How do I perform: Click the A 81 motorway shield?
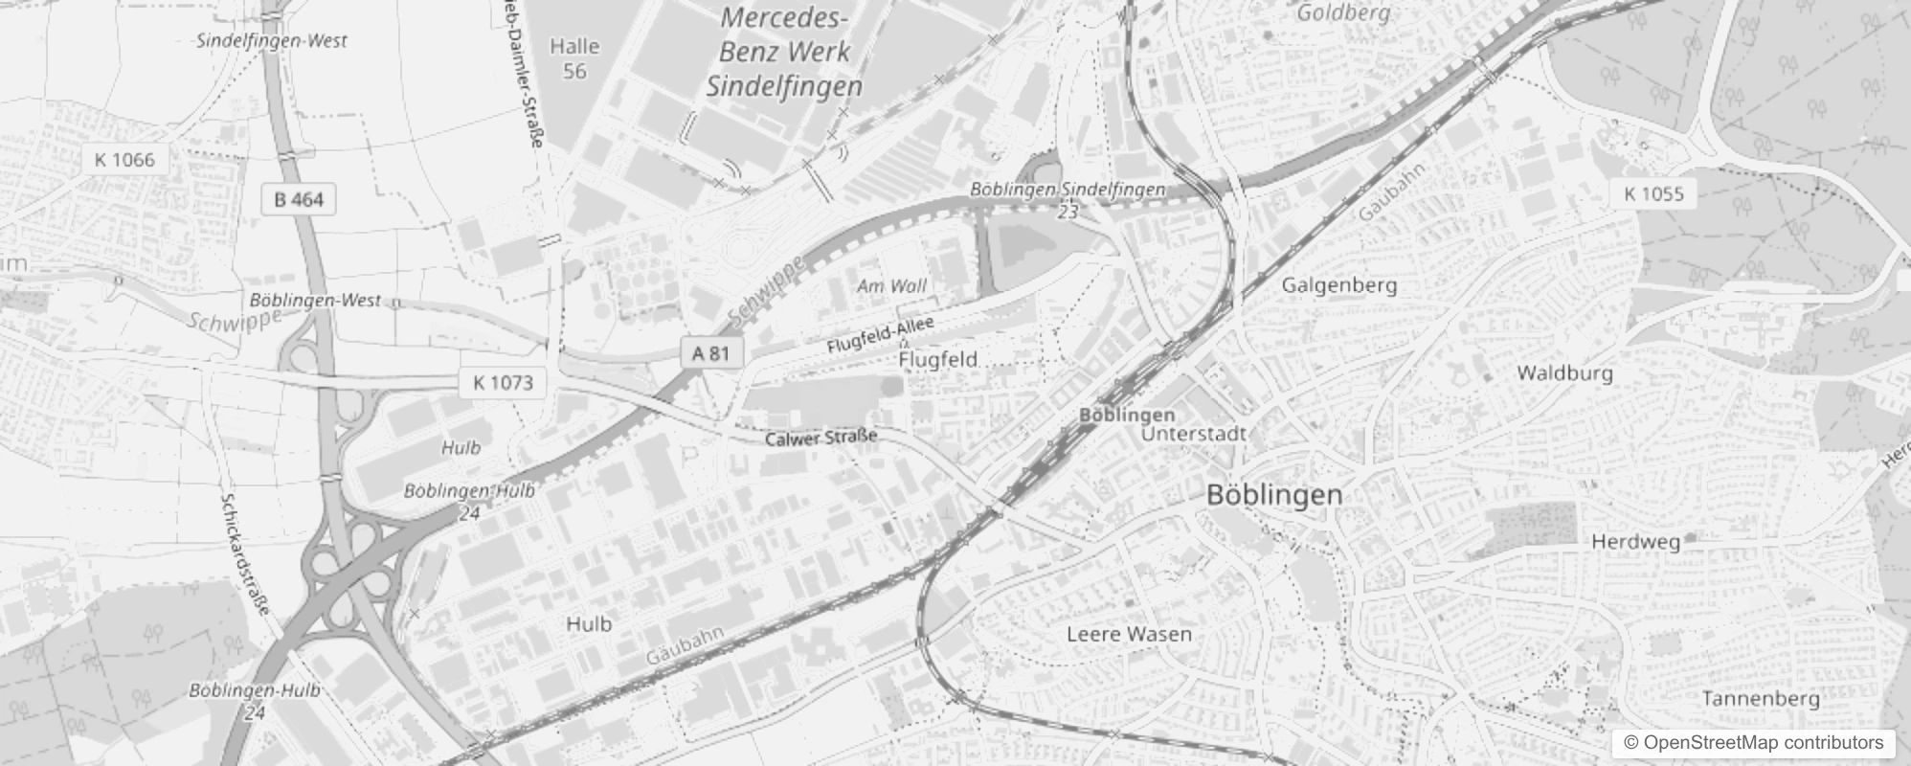(x=710, y=353)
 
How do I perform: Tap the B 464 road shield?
(x=299, y=199)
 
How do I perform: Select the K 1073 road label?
(x=503, y=383)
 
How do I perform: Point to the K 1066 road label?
(x=124, y=159)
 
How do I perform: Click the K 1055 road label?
(x=1653, y=193)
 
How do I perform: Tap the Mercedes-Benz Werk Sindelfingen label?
(x=784, y=52)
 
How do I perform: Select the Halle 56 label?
(x=574, y=58)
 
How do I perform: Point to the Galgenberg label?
(x=1338, y=285)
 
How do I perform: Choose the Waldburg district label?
(x=1564, y=373)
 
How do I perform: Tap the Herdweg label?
(x=1635, y=542)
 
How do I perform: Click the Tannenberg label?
(x=1760, y=699)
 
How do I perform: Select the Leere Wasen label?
(x=1129, y=634)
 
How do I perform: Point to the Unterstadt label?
(x=1193, y=434)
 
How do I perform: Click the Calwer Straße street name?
(x=821, y=438)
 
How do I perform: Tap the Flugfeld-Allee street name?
(x=880, y=336)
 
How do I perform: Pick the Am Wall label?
(x=891, y=286)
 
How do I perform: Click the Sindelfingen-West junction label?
(x=272, y=41)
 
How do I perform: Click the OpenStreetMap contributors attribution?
(x=1751, y=743)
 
